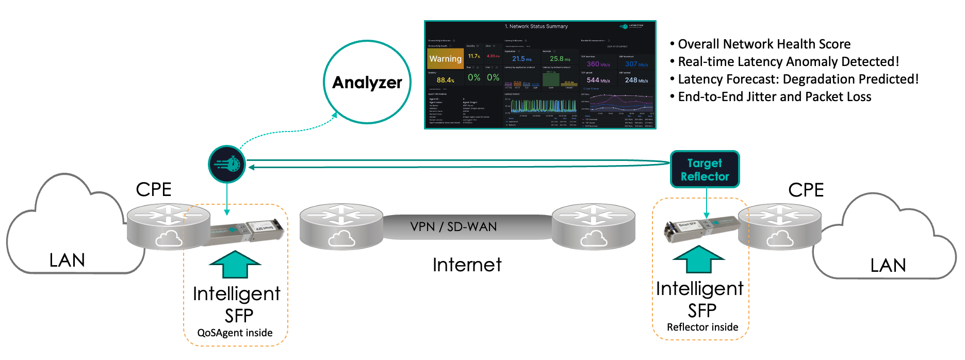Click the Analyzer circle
click(367, 82)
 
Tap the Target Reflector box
click(705, 170)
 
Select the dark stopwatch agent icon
click(227, 165)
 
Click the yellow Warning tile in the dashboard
click(445, 59)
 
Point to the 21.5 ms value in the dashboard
click(521, 59)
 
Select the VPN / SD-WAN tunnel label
click(453, 227)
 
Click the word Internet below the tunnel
click(467, 265)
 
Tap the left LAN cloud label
click(67, 260)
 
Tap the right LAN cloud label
click(888, 265)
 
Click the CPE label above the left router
click(153, 189)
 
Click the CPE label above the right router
click(806, 190)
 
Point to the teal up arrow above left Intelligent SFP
click(235, 264)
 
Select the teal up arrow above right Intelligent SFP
click(699, 259)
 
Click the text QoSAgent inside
click(235, 333)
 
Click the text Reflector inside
click(702, 327)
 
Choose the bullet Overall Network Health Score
click(763, 44)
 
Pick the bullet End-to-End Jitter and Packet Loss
click(774, 97)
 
